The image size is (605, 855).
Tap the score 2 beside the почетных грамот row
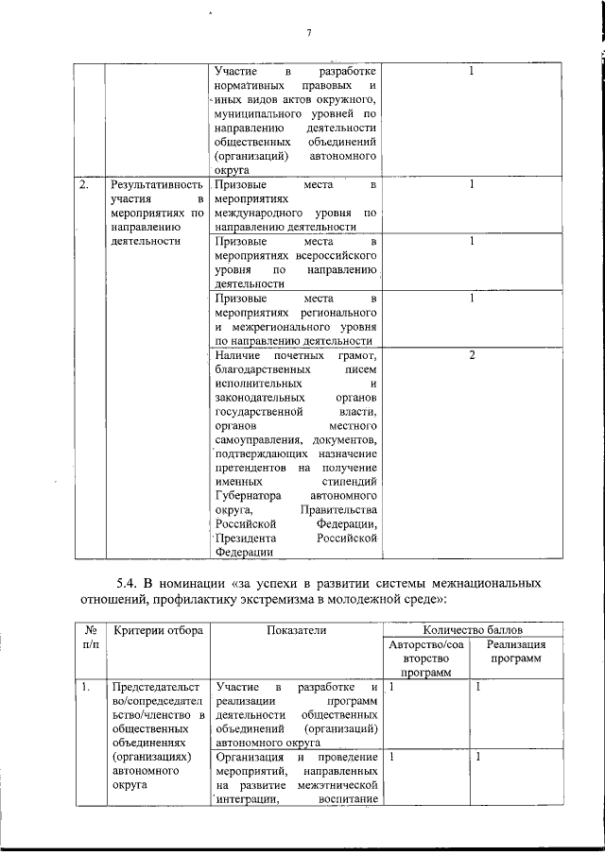click(x=471, y=355)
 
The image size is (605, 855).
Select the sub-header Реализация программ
click(x=516, y=652)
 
